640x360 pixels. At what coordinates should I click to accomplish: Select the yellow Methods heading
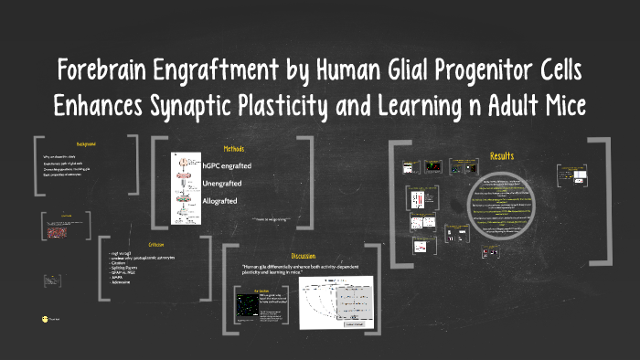pos(233,149)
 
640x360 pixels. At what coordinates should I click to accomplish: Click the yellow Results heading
pos(502,156)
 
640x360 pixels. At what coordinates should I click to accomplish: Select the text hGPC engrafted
pos(226,165)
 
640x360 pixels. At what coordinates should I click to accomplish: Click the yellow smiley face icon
pos(45,318)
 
